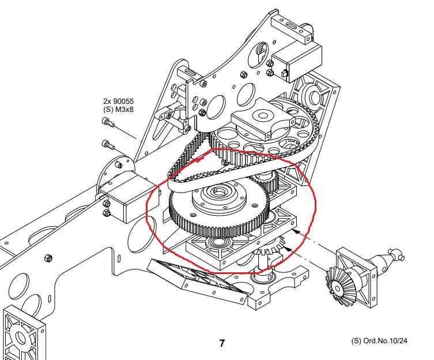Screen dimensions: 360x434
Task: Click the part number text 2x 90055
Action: point(118,100)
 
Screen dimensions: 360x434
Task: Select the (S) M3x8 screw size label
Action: point(118,108)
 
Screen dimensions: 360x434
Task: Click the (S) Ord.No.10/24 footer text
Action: point(379,341)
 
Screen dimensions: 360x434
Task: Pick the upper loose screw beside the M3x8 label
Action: point(106,122)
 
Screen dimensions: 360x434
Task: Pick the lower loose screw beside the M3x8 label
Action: point(106,143)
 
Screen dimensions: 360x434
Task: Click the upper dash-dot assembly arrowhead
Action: point(293,231)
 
